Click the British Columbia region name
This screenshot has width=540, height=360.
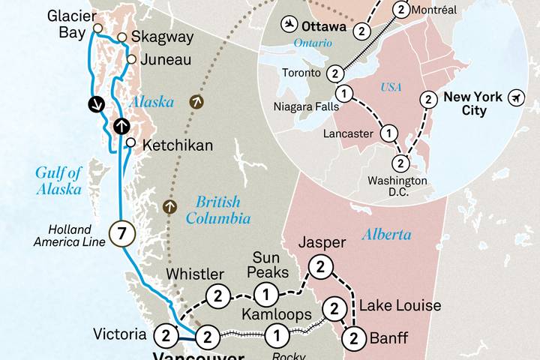pyautogui.click(x=219, y=210)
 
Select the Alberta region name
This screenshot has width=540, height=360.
pyautogui.click(x=387, y=235)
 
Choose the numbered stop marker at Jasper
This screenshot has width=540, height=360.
pyautogui.click(x=321, y=266)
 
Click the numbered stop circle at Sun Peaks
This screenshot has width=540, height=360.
pyautogui.click(x=266, y=292)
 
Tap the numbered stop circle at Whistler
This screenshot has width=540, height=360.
pyautogui.click(x=218, y=295)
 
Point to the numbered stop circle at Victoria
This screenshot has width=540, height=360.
pyautogui.click(x=165, y=334)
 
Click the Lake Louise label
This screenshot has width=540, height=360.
pyautogui.click(x=400, y=306)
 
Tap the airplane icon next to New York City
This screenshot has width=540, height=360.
pyautogui.click(x=515, y=98)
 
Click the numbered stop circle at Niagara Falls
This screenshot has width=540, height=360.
pyautogui.click(x=343, y=94)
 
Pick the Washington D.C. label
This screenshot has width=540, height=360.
pyautogui.click(x=397, y=186)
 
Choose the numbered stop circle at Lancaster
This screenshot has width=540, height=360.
pyautogui.click(x=388, y=133)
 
